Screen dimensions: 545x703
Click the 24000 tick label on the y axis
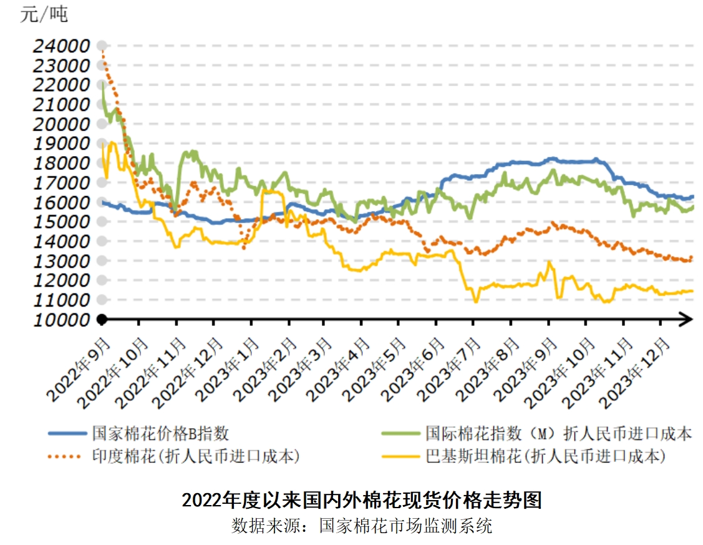61,46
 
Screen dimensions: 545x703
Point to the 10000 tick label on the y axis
61,320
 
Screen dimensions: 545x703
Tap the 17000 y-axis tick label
61,183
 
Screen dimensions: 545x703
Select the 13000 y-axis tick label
61,261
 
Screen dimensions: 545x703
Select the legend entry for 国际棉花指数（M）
559,433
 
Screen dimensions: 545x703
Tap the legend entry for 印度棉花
196,456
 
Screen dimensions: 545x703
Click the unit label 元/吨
44,14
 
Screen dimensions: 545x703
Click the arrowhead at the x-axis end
686,320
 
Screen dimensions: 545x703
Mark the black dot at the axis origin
102,320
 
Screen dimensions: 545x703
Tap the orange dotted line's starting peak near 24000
102,53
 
